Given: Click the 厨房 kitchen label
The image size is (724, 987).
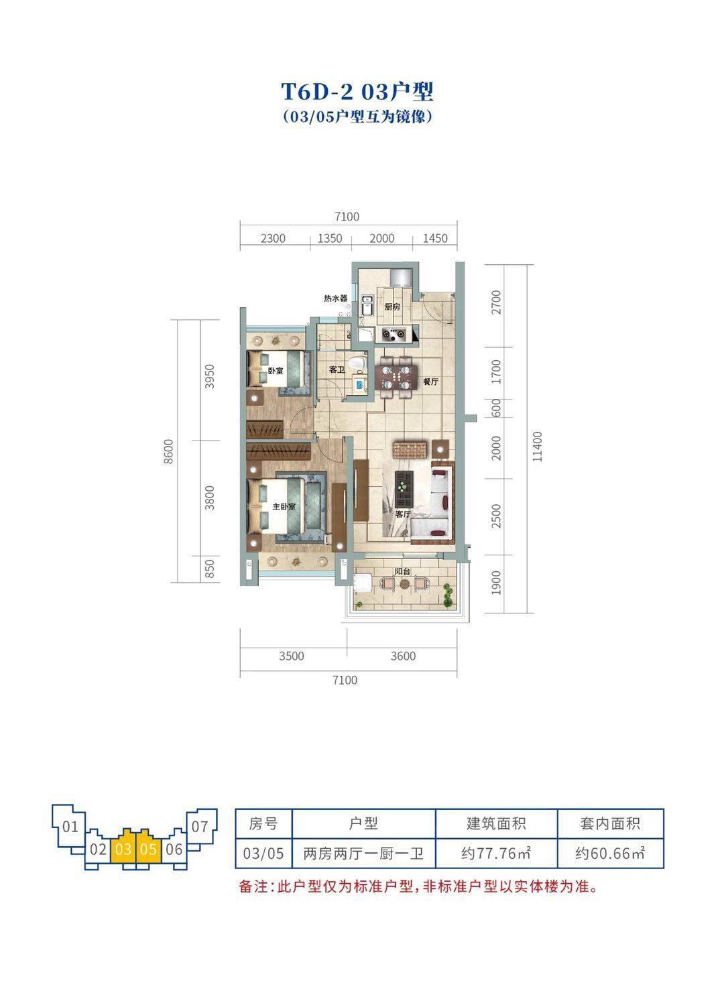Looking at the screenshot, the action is (x=391, y=306).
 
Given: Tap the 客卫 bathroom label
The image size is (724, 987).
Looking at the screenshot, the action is (x=337, y=369).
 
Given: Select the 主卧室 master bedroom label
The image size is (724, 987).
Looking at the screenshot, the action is (x=284, y=507).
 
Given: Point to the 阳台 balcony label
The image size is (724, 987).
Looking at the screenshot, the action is (x=402, y=572).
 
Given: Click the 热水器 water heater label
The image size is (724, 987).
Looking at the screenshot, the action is (x=335, y=298).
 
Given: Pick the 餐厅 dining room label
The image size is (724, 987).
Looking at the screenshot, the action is (x=430, y=382).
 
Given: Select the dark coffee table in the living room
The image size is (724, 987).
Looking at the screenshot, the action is (x=404, y=489).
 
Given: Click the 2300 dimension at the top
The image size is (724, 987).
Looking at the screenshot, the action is (x=273, y=239).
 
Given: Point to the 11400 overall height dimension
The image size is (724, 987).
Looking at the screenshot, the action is (x=537, y=447).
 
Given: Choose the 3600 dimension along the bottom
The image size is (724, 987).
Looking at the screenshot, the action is (x=403, y=656).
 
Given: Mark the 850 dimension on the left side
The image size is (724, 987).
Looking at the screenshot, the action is (x=210, y=569).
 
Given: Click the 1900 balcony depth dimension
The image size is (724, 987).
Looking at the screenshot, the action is (x=497, y=583).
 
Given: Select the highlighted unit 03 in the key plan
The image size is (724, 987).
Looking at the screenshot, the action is (x=123, y=848).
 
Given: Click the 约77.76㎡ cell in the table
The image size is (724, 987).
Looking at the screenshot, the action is (x=496, y=854).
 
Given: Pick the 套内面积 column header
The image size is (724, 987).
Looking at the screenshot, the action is (x=610, y=823).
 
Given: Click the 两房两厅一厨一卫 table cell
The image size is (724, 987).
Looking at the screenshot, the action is (x=363, y=854).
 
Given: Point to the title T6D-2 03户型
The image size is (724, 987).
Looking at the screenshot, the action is (x=357, y=92).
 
